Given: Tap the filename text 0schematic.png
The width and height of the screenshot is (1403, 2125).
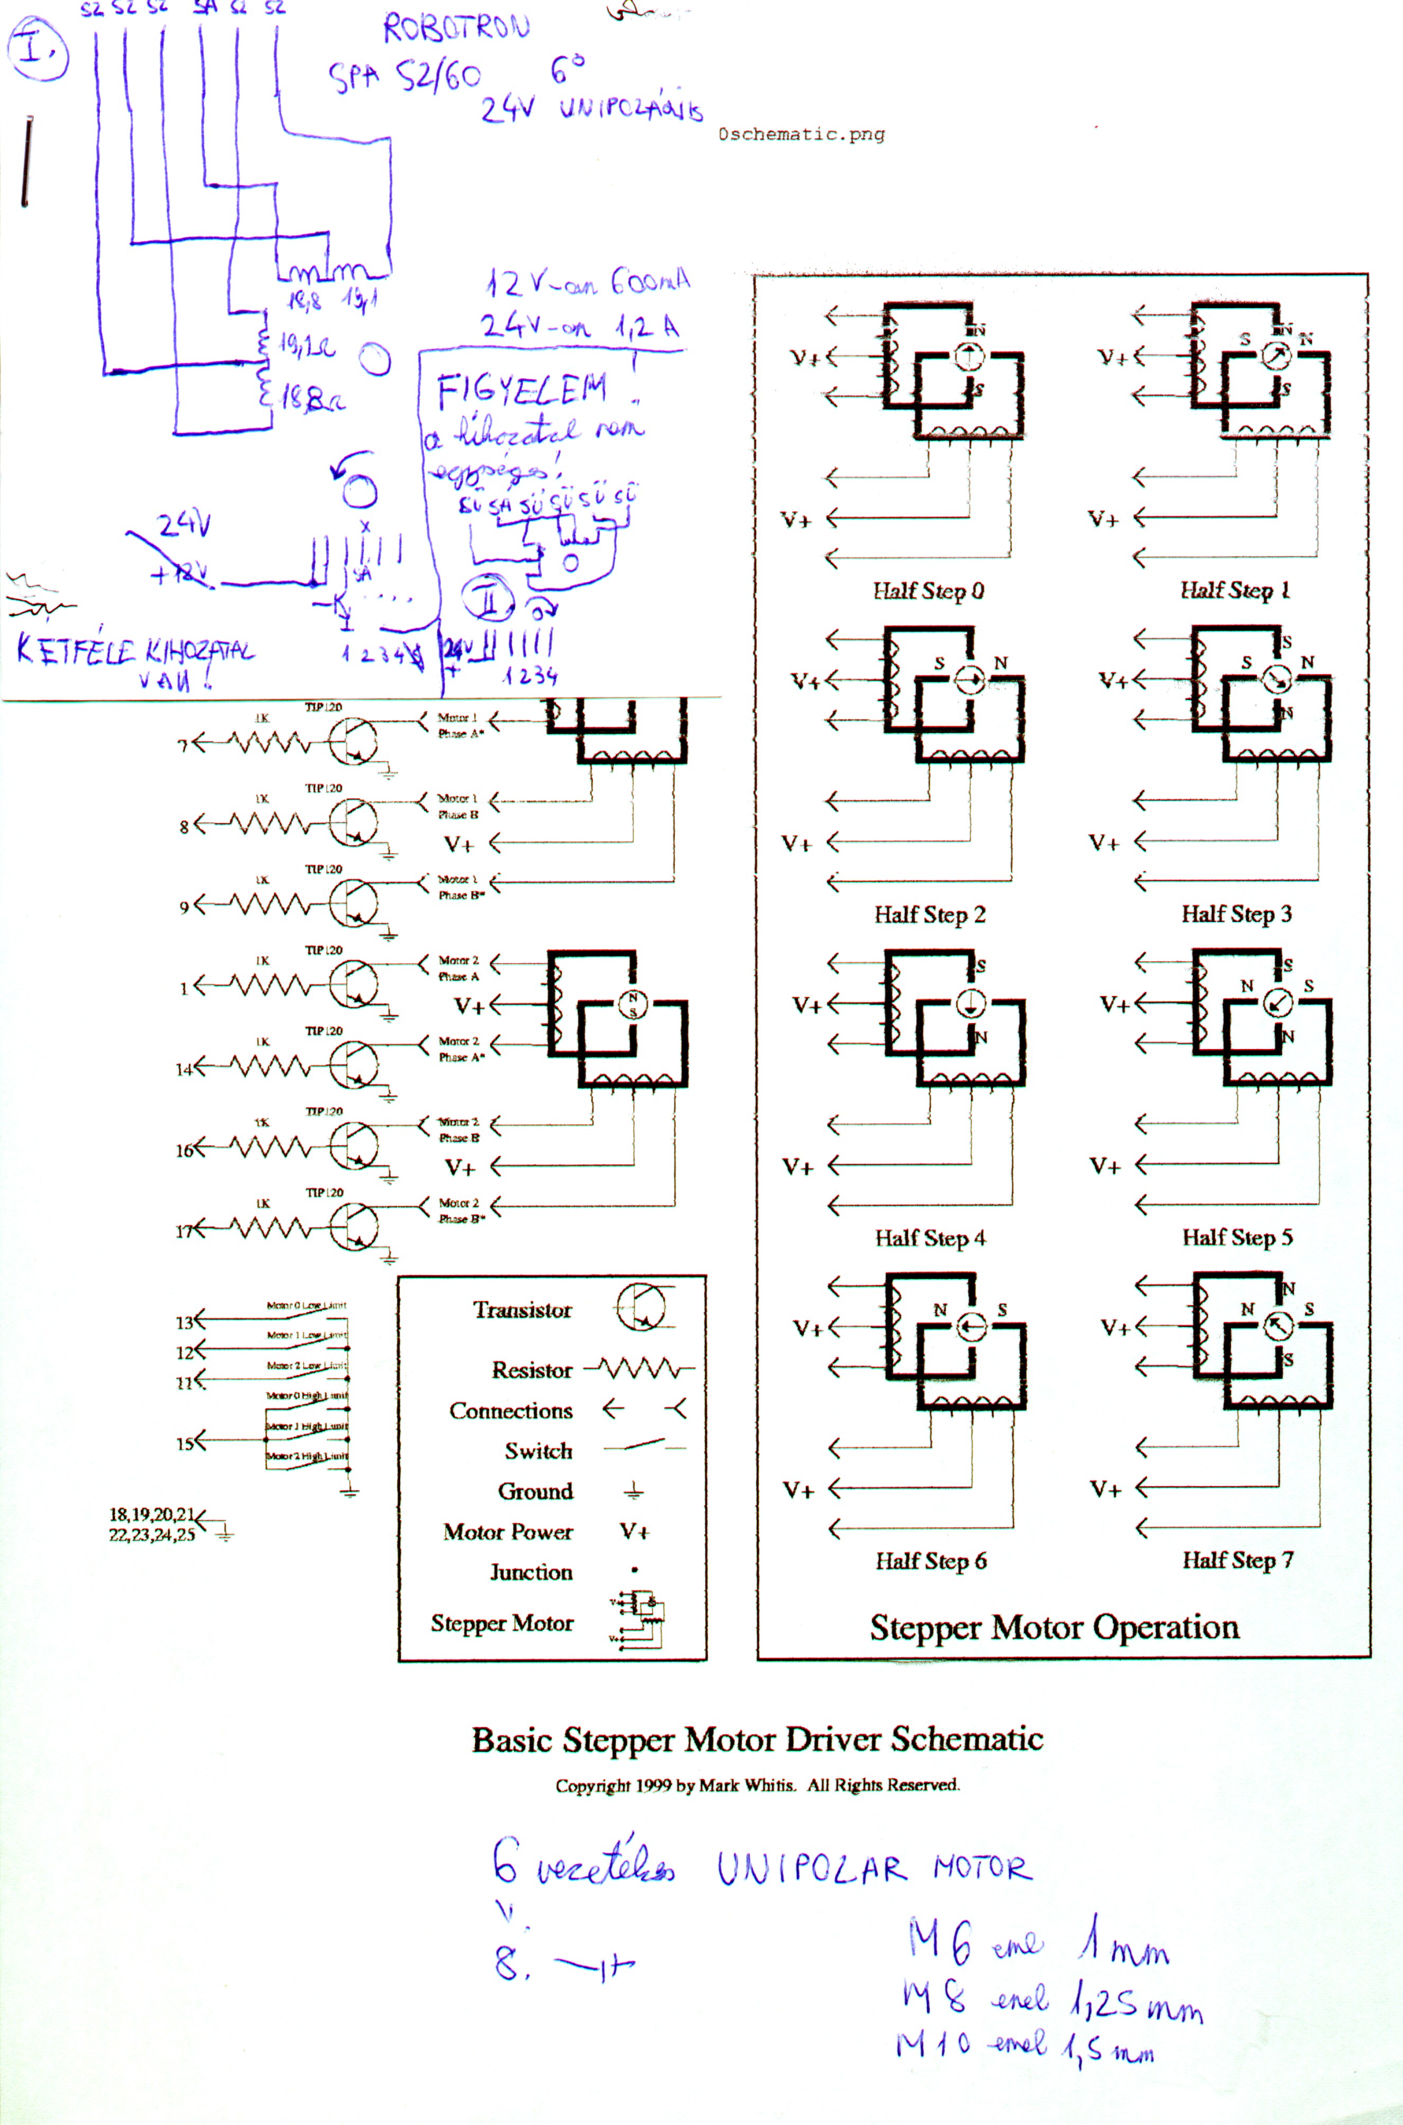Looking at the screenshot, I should [801, 134].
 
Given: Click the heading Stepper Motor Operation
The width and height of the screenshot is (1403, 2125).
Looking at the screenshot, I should [1054, 1627].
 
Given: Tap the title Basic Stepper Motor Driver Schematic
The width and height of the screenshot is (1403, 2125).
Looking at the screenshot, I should [757, 1740].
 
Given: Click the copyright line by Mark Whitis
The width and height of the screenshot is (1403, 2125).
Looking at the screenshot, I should [757, 1785].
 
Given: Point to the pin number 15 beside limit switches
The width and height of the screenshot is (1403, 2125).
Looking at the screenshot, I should [184, 1443].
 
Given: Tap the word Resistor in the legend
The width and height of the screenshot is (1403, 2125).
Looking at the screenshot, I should [532, 1370].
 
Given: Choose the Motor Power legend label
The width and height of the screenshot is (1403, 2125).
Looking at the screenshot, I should [507, 1532].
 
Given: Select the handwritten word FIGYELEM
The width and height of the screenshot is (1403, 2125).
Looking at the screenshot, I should [521, 391].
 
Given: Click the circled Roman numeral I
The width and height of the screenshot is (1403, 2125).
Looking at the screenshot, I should [37, 50].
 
